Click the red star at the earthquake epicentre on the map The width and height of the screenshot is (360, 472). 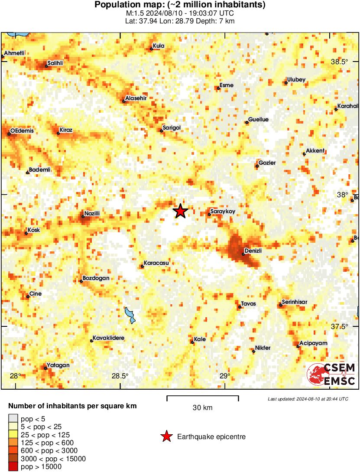(x=181, y=211)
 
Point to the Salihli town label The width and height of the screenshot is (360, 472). (x=55, y=63)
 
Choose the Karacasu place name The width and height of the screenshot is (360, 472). (x=156, y=263)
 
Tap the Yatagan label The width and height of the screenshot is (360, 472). (x=58, y=365)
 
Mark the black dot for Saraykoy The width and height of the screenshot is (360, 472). (x=209, y=214)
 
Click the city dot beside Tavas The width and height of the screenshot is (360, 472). (x=240, y=307)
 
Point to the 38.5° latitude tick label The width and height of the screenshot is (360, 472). (x=339, y=62)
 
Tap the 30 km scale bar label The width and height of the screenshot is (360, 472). (x=203, y=408)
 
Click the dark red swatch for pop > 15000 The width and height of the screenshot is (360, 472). (x=13, y=466)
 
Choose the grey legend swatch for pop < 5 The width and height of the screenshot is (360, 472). (x=13, y=419)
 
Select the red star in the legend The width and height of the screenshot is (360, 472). (x=166, y=436)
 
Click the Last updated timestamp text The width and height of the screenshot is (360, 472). (x=308, y=399)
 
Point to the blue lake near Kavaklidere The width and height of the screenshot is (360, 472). (x=130, y=315)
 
